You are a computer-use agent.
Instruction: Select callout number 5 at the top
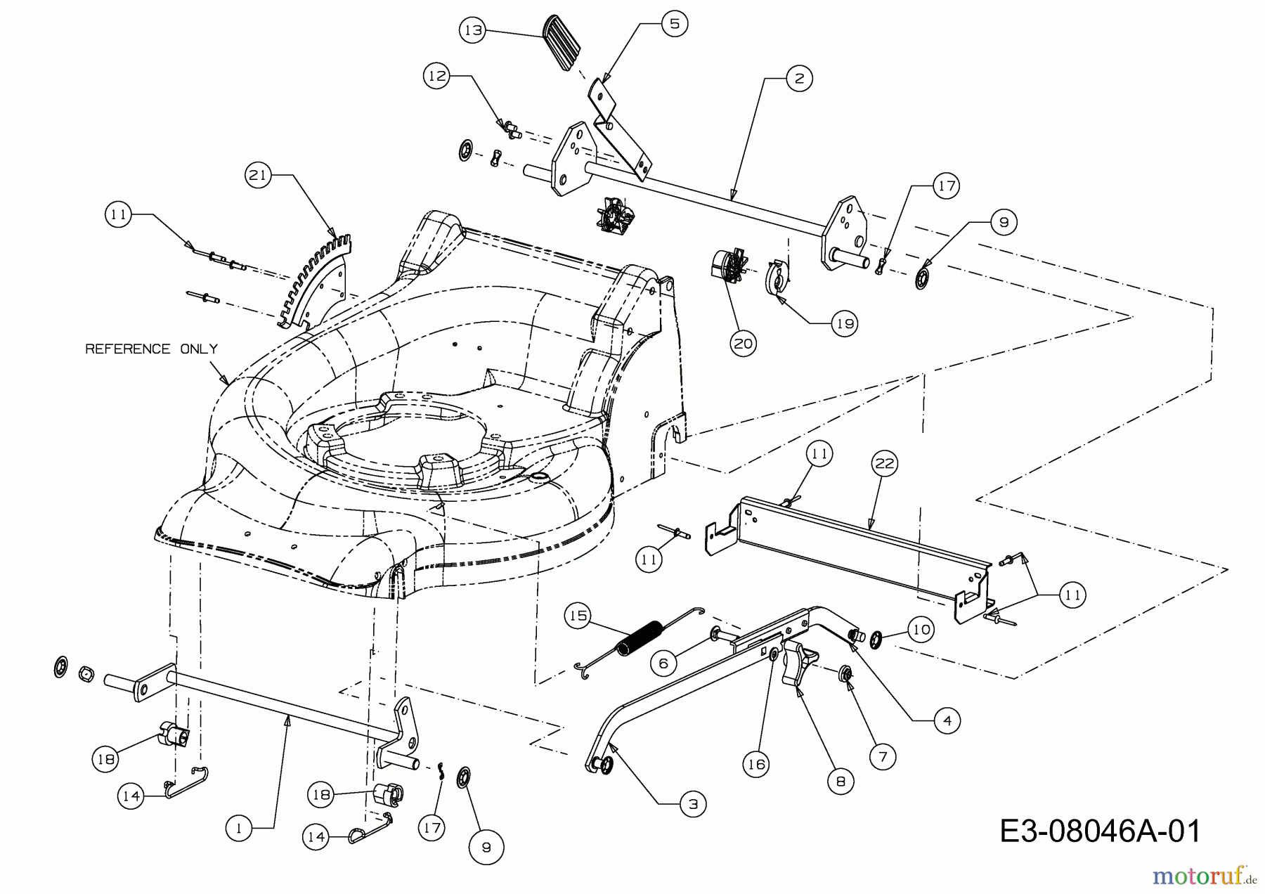[674, 24]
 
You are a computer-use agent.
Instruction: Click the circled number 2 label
[799, 78]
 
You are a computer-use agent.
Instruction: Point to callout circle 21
[259, 175]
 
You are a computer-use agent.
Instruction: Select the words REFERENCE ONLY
[151, 349]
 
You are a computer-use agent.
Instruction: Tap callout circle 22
[885, 463]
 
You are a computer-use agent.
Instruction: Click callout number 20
[744, 343]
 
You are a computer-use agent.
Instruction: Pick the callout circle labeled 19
[844, 323]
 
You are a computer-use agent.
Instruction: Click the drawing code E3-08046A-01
[1100, 831]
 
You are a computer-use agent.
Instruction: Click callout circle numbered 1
[239, 829]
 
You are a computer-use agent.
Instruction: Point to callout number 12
[438, 75]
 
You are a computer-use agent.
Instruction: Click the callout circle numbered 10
[921, 629]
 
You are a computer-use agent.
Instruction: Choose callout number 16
[757, 763]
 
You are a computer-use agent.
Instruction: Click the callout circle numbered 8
[841, 781]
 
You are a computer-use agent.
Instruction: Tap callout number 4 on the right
[947, 720]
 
